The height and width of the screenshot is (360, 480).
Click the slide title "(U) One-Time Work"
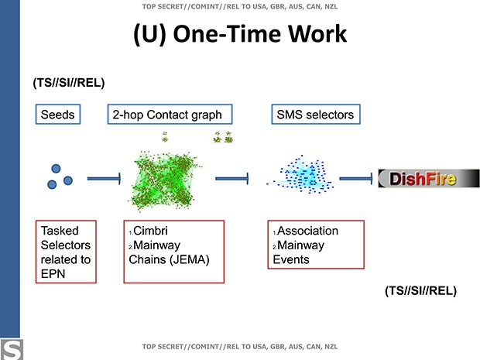pyautogui.click(x=239, y=36)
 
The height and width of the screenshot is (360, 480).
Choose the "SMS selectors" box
pyautogui.click(x=314, y=115)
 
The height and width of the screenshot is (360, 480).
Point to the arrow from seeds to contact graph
pyautogui.click(x=103, y=180)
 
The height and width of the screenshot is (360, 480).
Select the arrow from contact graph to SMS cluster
pyautogui.click(x=231, y=180)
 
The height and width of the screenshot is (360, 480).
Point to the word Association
pyautogui.click(x=307, y=231)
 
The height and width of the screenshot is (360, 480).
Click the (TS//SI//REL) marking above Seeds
pyautogui.click(x=68, y=82)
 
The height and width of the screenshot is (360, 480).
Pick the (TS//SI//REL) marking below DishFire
pyautogui.click(x=420, y=291)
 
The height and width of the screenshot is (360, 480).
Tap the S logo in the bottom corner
pyautogui.click(x=11, y=348)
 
